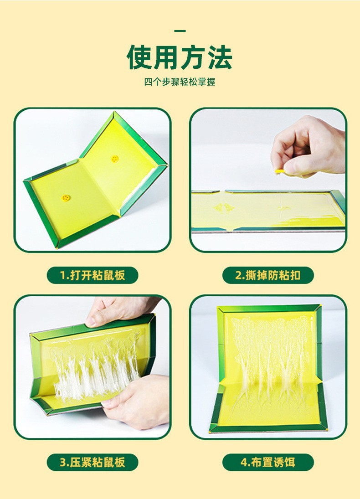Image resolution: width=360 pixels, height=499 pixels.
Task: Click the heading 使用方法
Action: point(180,57)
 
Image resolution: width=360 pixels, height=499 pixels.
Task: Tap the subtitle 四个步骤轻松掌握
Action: point(180,82)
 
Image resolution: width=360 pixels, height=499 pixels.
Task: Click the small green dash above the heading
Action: point(180,31)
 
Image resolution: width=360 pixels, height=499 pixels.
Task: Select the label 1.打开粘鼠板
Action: point(93,275)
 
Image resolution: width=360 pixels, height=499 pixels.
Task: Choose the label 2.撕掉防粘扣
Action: point(268,275)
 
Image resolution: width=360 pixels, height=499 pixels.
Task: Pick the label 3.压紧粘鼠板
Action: point(93,462)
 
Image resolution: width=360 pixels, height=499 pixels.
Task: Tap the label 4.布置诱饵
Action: point(268,462)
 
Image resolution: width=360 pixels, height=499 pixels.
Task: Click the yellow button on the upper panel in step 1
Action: point(115,159)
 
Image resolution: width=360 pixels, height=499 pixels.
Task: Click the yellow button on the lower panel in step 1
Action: point(66,198)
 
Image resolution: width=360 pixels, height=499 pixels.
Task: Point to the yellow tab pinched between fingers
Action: point(279,171)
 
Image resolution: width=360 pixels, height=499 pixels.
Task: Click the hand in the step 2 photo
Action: point(308,146)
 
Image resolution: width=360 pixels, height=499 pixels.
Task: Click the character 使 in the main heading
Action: point(139,57)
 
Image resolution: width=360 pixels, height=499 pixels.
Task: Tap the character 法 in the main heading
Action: point(220,57)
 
